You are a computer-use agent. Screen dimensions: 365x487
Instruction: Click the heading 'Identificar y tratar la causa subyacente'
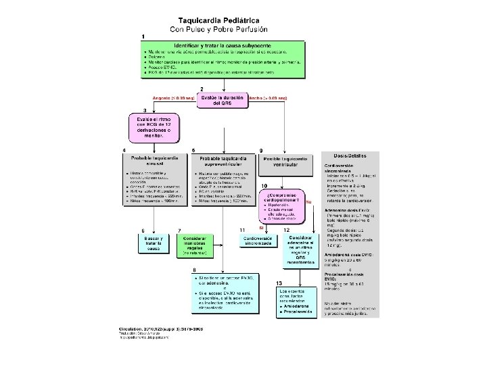pyautogui.click(x=223, y=43)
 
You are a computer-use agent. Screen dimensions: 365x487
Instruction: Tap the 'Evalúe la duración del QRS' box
pyautogui.click(x=223, y=99)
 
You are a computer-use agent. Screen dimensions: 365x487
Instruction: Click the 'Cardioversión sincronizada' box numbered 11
pyautogui.click(x=257, y=240)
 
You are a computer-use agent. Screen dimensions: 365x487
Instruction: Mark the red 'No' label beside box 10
pyautogui.click(x=308, y=202)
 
